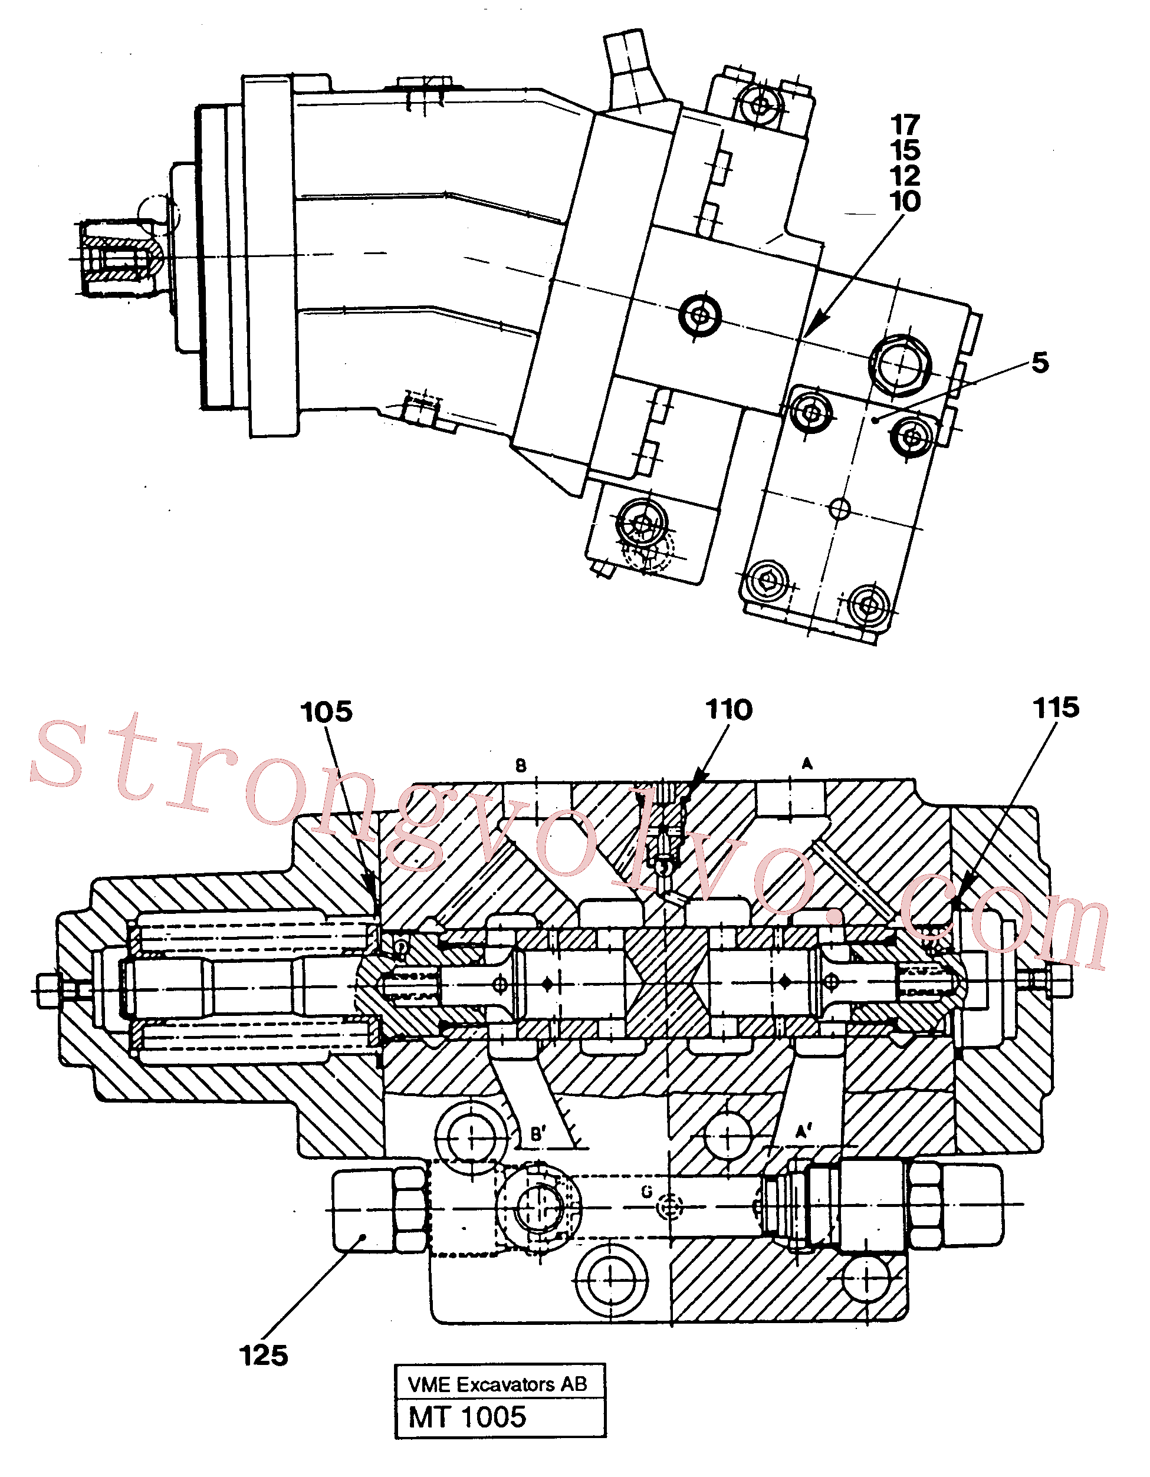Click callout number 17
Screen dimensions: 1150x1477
[905, 124]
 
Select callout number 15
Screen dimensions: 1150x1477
[905, 150]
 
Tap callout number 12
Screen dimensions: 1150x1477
[905, 176]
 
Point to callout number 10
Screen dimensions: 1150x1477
[905, 201]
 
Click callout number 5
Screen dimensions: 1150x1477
[1040, 363]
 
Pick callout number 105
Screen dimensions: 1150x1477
[327, 712]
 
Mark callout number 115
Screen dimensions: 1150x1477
[1056, 708]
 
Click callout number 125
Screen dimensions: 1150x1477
[264, 1356]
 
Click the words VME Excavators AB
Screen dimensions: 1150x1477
[498, 1384]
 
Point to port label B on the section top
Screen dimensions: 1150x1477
[521, 765]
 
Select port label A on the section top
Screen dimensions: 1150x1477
[807, 764]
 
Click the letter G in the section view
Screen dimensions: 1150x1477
[647, 1192]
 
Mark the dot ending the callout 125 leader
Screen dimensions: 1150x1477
[363, 1238]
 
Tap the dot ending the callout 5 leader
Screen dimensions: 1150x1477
[875, 420]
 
